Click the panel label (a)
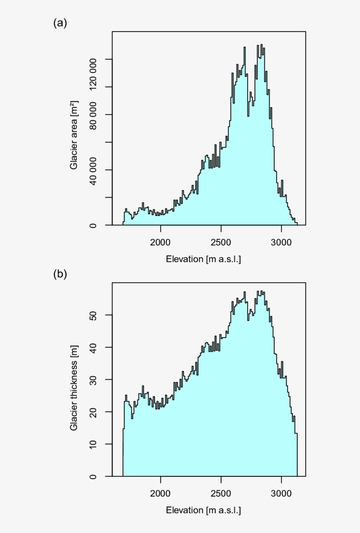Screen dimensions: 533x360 point(60,23)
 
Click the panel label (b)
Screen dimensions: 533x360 point(60,274)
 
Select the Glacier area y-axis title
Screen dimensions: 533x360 point(74,135)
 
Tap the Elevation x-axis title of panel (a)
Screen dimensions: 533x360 point(203,259)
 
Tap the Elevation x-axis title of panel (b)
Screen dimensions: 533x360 point(203,511)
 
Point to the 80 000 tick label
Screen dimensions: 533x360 point(94,115)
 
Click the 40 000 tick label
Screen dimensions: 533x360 point(94,170)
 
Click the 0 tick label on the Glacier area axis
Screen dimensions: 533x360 point(94,225)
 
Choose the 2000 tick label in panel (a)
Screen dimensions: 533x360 point(161,242)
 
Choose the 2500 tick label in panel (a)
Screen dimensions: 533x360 point(221,242)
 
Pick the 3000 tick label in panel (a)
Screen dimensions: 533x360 point(281,242)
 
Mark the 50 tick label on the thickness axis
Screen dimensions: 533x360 point(94,315)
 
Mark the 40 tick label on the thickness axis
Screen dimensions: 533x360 point(94,347)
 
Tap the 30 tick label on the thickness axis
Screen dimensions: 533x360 point(94,379)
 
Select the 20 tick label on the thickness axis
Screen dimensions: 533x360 point(94,412)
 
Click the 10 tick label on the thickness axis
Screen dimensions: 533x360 point(94,444)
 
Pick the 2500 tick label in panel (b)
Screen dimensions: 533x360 point(221,493)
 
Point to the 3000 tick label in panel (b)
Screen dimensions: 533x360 point(281,493)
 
